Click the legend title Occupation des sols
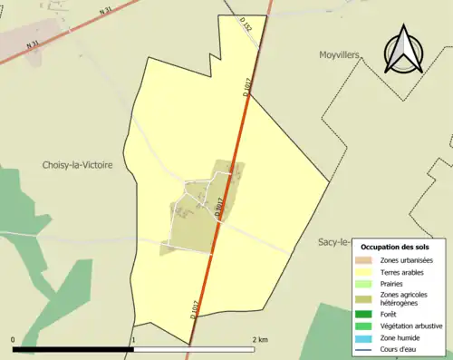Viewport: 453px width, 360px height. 400,247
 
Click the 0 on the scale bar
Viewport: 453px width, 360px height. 14,339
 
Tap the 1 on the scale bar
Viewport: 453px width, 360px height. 133,339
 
